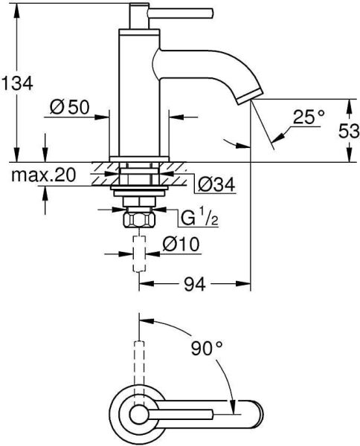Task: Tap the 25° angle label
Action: (309, 116)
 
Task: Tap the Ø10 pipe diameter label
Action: (181, 242)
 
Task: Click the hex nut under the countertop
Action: (138, 220)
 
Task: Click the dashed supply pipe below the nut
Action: (138, 253)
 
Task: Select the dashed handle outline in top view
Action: (138, 364)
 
